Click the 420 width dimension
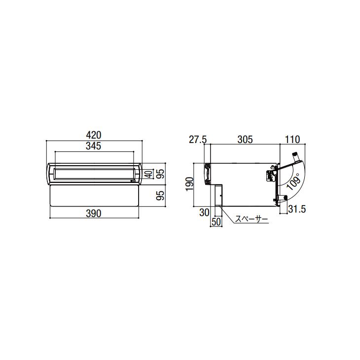(x=94, y=135)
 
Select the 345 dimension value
(x=94, y=146)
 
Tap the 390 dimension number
(x=94, y=214)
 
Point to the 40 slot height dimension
(x=149, y=174)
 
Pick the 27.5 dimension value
(x=198, y=140)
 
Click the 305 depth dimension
(x=245, y=140)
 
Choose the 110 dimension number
(x=292, y=140)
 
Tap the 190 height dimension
(x=190, y=184)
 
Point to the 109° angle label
(x=293, y=181)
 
